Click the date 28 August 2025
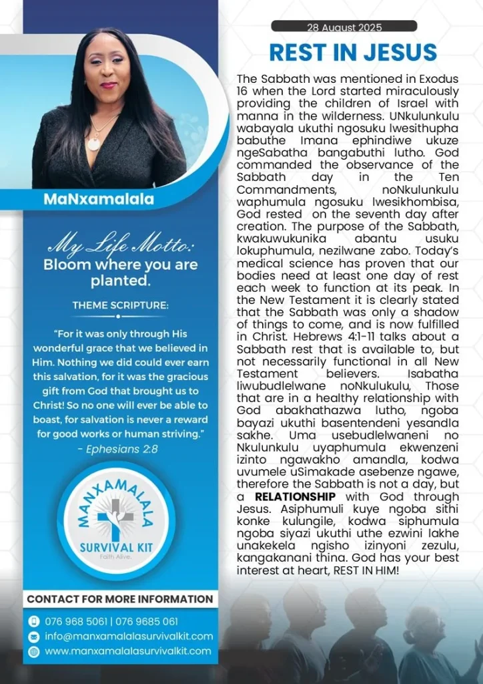[344, 27]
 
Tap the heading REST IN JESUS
[352, 52]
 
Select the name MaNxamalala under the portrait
[98, 199]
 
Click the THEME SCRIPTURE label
[121, 305]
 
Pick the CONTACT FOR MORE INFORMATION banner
[120, 598]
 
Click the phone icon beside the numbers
[34, 621]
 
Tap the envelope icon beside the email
[34, 636]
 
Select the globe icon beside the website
[34, 651]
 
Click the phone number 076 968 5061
[75, 621]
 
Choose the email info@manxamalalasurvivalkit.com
[129, 636]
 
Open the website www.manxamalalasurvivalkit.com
[128, 651]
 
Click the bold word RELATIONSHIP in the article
[295, 497]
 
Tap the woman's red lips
[107, 85]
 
